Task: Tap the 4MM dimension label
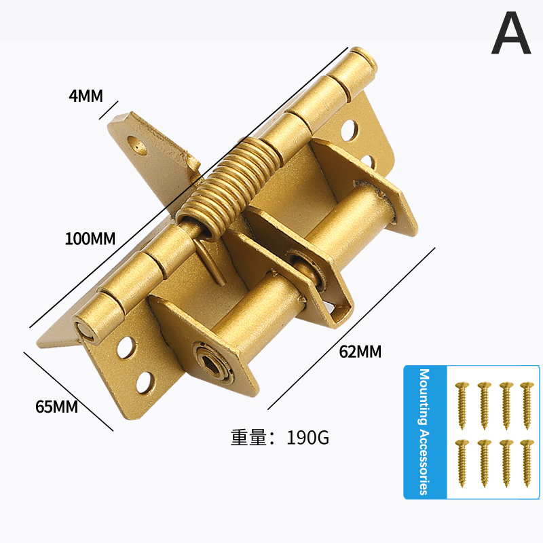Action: click(x=86, y=96)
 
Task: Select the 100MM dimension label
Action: click(x=90, y=239)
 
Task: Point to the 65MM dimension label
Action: click(x=56, y=407)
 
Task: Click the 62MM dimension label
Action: click(x=360, y=352)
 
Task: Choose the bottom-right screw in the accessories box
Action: click(x=525, y=462)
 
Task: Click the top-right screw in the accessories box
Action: click(x=525, y=405)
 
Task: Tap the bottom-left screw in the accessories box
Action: click(x=463, y=462)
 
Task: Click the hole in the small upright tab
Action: click(x=139, y=145)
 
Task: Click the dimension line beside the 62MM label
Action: click(x=352, y=329)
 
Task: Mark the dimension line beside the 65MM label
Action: click(x=68, y=390)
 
